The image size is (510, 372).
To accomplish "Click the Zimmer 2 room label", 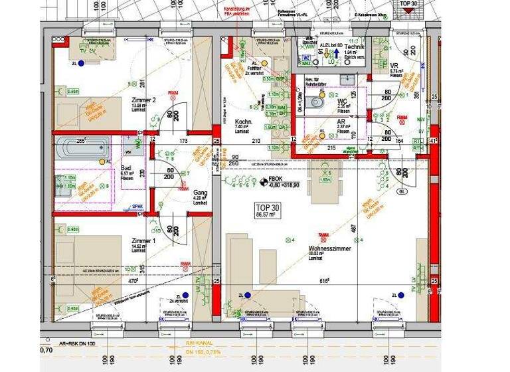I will tap(143, 100).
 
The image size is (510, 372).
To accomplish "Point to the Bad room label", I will tap(126, 169).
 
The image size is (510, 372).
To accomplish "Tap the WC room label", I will tap(343, 101).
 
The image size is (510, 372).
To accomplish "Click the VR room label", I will tap(394, 65).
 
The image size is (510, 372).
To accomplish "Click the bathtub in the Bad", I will tap(82, 147).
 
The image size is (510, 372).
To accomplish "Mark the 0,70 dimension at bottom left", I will tap(46, 349).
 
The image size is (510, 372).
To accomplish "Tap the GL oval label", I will tap(402, 191).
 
